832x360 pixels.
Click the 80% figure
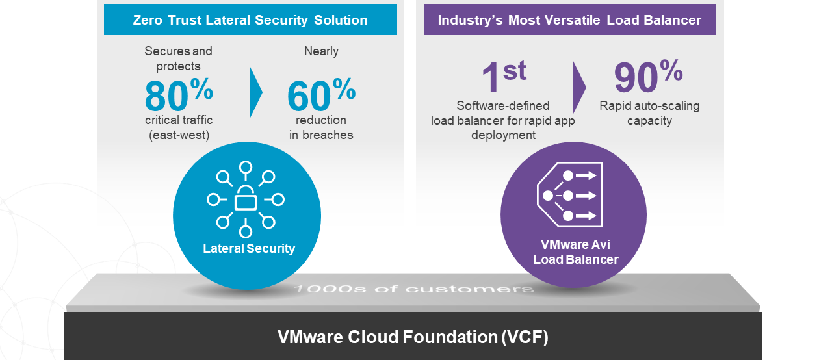click(x=179, y=94)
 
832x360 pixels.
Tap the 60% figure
click(x=321, y=94)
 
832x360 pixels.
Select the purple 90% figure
click(x=649, y=76)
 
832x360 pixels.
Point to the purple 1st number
click(x=504, y=77)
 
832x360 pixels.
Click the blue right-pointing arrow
click(x=255, y=92)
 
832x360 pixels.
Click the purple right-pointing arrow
click(x=579, y=87)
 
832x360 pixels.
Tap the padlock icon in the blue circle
click(x=246, y=199)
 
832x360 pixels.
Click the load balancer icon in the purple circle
click(x=569, y=195)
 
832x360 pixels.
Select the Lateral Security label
click(x=249, y=248)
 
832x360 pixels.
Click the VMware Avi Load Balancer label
click(x=576, y=252)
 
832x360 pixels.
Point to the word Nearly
click(x=321, y=51)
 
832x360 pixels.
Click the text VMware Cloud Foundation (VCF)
click(x=413, y=337)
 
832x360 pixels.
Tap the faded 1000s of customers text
click(x=414, y=289)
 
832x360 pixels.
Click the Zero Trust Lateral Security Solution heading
click(x=250, y=20)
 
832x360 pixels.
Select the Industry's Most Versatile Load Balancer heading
click(x=569, y=20)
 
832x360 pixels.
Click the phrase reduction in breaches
click(x=321, y=127)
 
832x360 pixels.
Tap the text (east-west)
click(x=179, y=135)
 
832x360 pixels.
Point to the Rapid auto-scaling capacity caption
click(x=649, y=113)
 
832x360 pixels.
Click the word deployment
click(x=503, y=135)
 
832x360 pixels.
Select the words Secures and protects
click(x=178, y=58)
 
